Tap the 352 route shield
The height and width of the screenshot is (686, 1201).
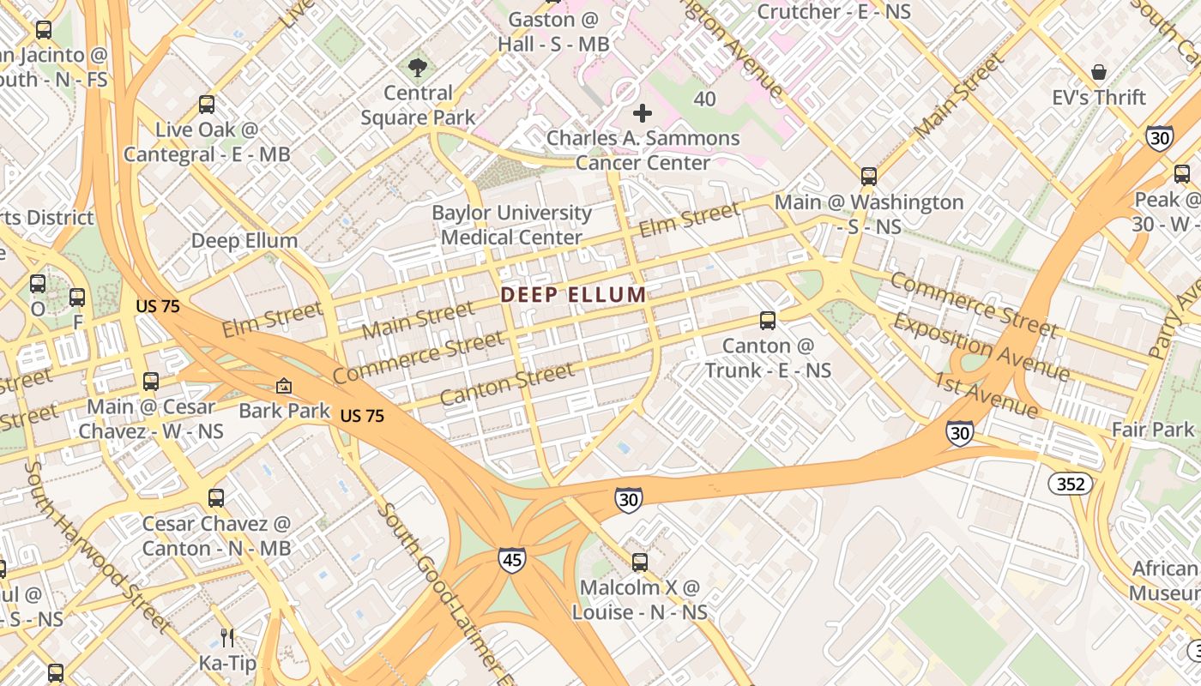pos(1070,484)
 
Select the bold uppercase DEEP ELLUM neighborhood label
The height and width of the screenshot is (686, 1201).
pos(573,295)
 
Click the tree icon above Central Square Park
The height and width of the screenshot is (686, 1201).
pos(418,67)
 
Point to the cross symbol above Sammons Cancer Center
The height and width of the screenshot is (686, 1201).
pos(642,113)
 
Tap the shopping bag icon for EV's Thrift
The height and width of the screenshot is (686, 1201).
pos(1098,72)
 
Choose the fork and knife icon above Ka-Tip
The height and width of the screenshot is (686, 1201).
pos(227,637)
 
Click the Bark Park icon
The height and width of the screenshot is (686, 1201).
pos(284,387)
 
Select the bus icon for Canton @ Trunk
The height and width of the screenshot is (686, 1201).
pos(768,321)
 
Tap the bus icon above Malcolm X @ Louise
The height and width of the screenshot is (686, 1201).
pos(640,563)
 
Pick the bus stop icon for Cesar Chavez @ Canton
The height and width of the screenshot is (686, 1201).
pos(216,498)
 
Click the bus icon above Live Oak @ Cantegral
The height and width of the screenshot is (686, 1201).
pos(206,105)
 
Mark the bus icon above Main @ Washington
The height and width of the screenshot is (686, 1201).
pos(869,177)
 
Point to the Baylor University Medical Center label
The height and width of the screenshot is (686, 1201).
pos(511,225)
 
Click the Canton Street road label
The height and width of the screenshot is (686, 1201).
pos(506,383)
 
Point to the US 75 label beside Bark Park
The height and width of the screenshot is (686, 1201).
pos(362,416)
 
